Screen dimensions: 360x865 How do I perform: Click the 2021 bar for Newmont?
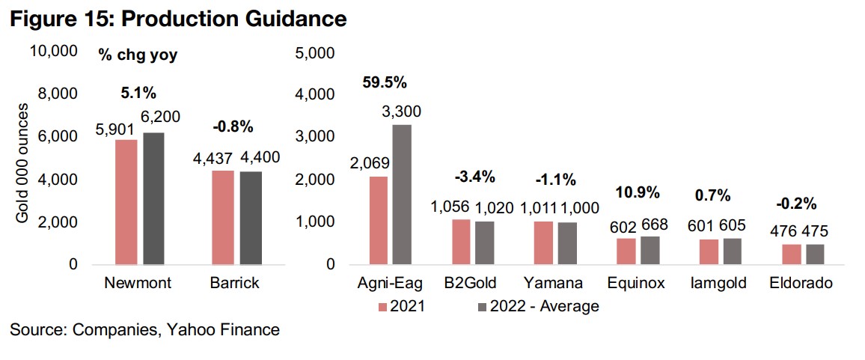(126, 202)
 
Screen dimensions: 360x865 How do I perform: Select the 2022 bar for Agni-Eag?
(401, 195)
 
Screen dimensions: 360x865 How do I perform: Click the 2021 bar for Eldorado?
(792, 254)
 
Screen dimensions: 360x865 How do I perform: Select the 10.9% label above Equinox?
(638, 192)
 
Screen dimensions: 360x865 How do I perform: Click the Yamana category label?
(555, 284)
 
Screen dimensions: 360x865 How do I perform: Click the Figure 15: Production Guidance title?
(177, 19)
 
